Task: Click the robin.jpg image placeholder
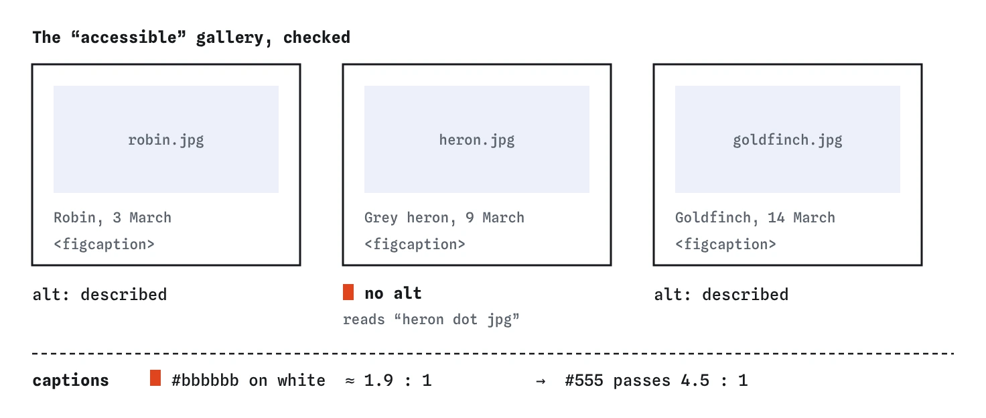click(166, 139)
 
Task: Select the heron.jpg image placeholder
click(477, 139)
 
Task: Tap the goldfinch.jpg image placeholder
click(788, 139)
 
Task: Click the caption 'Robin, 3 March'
click(113, 218)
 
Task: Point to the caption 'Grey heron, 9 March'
click(444, 218)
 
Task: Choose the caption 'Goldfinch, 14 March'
click(755, 218)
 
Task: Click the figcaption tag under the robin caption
click(104, 245)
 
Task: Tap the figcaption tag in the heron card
click(415, 245)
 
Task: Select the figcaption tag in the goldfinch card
click(725, 245)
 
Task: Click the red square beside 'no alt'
click(348, 292)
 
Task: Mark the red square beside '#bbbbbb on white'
click(155, 378)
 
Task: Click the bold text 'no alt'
click(393, 293)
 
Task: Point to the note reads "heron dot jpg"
click(431, 320)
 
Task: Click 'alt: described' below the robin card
click(100, 294)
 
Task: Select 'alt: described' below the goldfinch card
click(721, 294)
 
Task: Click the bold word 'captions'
click(70, 380)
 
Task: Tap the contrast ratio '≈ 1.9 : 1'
click(389, 380)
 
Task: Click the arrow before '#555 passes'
click(541, 381)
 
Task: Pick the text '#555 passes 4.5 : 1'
click(656, 380)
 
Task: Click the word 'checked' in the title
click(316, 38)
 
